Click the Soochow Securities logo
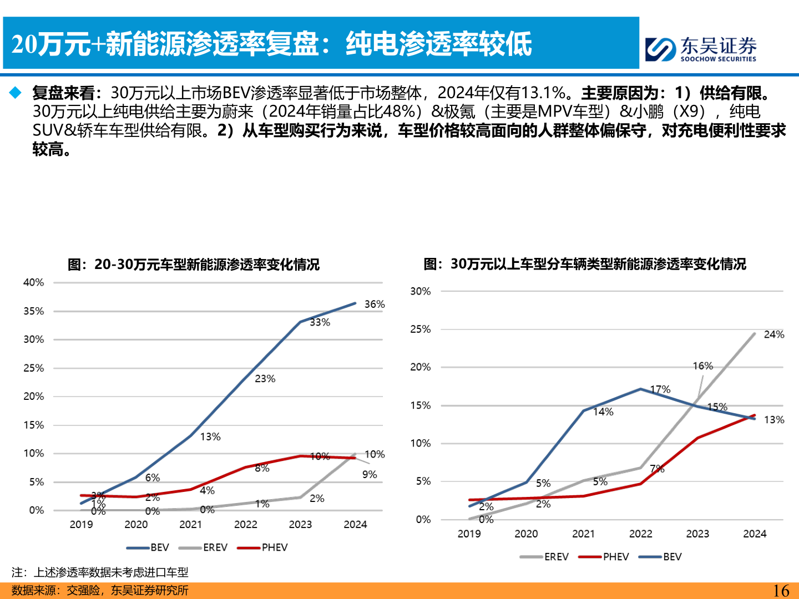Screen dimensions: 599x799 [x=701, y=49]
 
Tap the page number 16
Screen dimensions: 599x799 [x=781, y=591]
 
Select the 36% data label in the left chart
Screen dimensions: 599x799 [x=375, y=304]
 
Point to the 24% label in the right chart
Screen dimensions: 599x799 [x=774, y=334]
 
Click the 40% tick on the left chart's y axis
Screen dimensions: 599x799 [x=33, y=282]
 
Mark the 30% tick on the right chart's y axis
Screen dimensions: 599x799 [x=420, y=291]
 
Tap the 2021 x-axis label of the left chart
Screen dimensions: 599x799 [x=190, y=525]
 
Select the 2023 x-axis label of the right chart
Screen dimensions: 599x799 [x=697, y=534]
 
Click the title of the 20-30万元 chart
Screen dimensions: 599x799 [x=194, y=265]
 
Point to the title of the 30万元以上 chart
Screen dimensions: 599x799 [x=585, y=264]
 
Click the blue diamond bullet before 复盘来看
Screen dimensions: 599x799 [x=15, y=93]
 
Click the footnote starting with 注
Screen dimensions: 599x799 [x=100, y=572]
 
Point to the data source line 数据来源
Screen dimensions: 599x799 [x=100, y=591]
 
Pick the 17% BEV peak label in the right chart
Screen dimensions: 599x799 [x=660, y=389]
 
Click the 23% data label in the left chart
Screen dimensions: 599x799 [x=265, y=379]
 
